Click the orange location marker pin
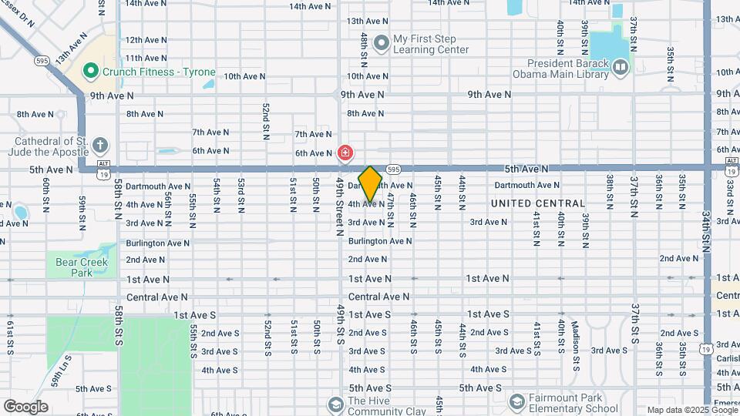371,183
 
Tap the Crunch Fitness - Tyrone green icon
91,72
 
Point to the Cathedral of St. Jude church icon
99,145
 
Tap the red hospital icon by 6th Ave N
345,153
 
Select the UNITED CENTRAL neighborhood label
538,203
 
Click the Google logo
25,406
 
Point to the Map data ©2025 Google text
691,410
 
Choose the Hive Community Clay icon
335,404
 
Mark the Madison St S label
575,341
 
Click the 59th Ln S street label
61,370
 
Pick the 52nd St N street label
265,119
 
